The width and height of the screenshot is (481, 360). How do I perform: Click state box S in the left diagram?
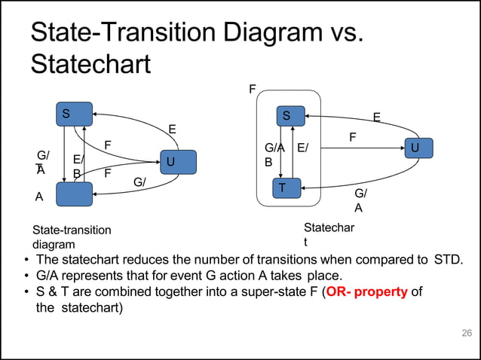click(74, 114)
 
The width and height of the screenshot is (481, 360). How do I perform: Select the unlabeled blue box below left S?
click(74, 194)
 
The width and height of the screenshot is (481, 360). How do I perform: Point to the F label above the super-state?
click(253, 89)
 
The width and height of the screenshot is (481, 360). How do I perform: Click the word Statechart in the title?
click(90, 63)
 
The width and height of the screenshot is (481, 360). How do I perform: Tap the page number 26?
click(465, 333)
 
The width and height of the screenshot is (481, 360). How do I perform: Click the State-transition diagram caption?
click(71, 236)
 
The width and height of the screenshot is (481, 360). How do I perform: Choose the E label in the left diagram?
click(172, 130)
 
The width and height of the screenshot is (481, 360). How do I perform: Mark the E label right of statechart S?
click(377, 117)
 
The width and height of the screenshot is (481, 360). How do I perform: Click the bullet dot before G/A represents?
click(26, 276)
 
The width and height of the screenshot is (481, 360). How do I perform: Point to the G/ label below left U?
click(139, 182)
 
